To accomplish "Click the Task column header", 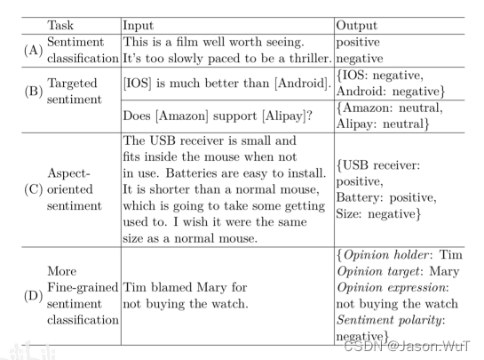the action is (60, 26).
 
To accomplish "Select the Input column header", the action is (138, 26).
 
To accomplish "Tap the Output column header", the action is (356, 26).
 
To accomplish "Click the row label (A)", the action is (34, 50).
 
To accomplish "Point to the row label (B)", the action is (34, 92).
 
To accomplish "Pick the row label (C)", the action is (34, 189).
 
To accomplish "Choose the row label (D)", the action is (34, 296).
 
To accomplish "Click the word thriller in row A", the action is (310, 59).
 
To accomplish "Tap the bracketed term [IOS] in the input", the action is (138, 84).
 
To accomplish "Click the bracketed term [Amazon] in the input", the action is (182, 116).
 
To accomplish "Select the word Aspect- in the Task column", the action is (68, 173).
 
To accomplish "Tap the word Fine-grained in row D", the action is (83, 288).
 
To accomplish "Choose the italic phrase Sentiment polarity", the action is (389, 320).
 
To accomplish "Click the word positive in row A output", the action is (358, 43).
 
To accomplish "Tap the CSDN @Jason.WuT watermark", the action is (407, 346).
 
